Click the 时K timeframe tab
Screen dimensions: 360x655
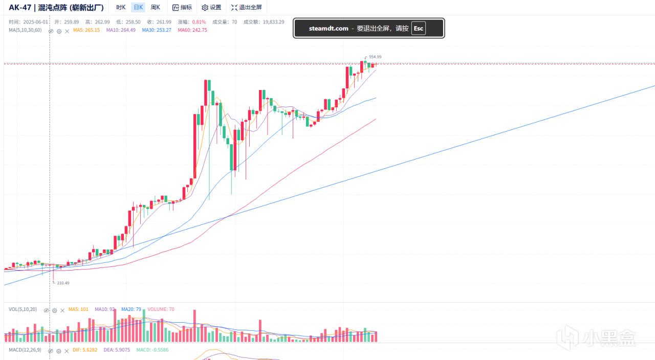pos(121,8)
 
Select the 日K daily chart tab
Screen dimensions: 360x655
pos(138,8)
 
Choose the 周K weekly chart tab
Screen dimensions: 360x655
pos(155,8)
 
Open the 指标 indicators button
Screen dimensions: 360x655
pos(182,8)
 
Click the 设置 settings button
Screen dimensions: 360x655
pos(211,8)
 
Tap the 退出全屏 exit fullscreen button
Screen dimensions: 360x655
pos(246,8)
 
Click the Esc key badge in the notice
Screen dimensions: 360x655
pos(419,28)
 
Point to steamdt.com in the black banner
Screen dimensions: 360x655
pos(329,29)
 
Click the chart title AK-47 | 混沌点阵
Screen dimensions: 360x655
pos(56,8)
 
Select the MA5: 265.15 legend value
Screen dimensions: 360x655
pos(86,30)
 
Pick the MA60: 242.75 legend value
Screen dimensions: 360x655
pos(192,30)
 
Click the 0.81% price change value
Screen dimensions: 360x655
pos(199,22)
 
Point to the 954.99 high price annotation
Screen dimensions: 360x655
pos(375,57)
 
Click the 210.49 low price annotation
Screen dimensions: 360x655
pos(63,283)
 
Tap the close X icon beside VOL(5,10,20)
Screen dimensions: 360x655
pos(62,310)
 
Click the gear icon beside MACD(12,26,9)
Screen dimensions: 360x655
pos(59,351)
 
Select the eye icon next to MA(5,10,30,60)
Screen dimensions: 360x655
pos(51,31)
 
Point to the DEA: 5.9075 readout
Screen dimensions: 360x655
pos(117,350)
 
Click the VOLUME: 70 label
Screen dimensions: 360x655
pos(161,309)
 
